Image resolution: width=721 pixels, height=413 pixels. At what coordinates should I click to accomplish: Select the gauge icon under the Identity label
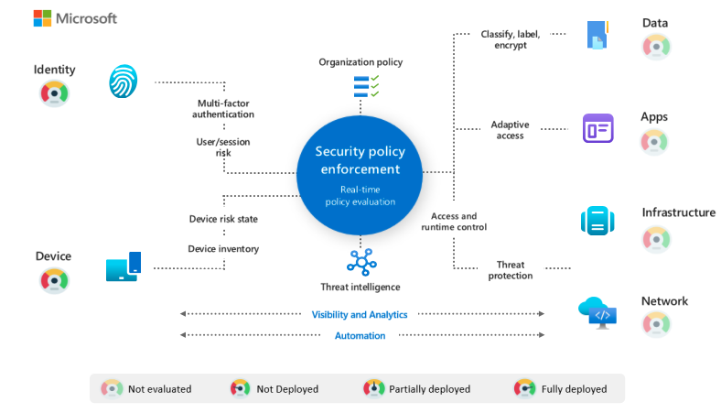click(x=54, y=92)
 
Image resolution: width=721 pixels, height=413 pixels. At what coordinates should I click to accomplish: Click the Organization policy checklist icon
click(x=366, y=86)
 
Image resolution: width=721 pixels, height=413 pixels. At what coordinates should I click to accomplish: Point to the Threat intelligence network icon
click(x=361, y=262)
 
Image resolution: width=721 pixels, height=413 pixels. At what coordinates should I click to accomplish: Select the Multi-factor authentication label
click(x=223, y=109)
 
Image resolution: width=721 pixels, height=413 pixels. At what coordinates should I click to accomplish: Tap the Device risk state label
click(x=222, y=219)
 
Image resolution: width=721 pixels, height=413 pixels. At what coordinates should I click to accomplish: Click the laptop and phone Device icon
click(x=124, y=266)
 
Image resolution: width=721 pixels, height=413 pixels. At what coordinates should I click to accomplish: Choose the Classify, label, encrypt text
click(x=510, y=39)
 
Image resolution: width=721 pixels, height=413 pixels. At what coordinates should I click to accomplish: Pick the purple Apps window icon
click(x=597, y=128)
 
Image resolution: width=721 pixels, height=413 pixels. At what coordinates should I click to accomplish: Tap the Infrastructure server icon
click(x=596, y=221)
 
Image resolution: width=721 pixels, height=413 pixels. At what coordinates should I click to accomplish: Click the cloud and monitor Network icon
click(x=597, y=312)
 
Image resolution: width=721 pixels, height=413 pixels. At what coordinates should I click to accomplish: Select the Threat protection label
click(x=511, y=270)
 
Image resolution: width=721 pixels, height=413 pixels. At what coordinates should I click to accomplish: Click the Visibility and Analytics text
click(x=360, y=314)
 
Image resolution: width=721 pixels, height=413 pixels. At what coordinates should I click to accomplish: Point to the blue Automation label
click(x=360, y=336)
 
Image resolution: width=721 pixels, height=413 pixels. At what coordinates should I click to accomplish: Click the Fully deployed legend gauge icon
click(x=524, y=388)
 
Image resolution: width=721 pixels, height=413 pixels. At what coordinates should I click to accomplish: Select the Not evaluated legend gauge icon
click(x=111, y=388)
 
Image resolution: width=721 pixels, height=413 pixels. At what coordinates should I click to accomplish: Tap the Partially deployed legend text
click(x=429, y=389)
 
